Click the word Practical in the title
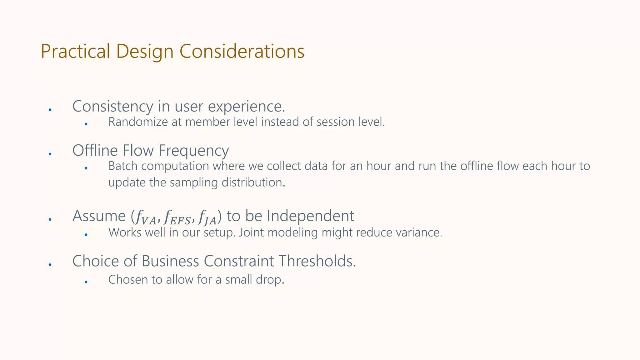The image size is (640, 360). (75, 52)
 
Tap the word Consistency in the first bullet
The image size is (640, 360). (112, 107)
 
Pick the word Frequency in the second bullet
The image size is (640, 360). (193, 151)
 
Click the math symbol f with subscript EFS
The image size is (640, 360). (177, 217)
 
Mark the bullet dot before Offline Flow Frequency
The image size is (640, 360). (50, 154)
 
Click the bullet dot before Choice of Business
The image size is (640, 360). (50, 264)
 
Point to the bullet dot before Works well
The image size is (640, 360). (86, 235)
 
